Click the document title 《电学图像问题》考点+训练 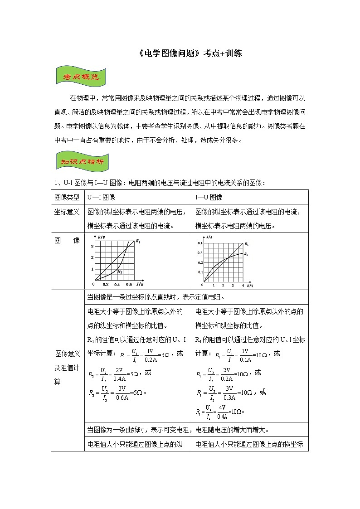pyautogui.click(x=190, y=53)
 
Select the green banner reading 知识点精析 pyautogui.click(x=82, y=161)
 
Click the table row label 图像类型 pyautogui.click(x=67, y=197)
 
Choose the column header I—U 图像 pyautogui.click(x=209, y=197)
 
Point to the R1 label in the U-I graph pyautogui.click(x=138, y=242)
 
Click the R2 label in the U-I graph pyautogui.click(x=120, y=271)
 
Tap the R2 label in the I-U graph pyautogui.click(x=246, y=254)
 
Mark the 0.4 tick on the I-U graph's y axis pyautogui.click(x=200, y=243)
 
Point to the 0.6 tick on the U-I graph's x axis pyautogui.click(x=128, y=285)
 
